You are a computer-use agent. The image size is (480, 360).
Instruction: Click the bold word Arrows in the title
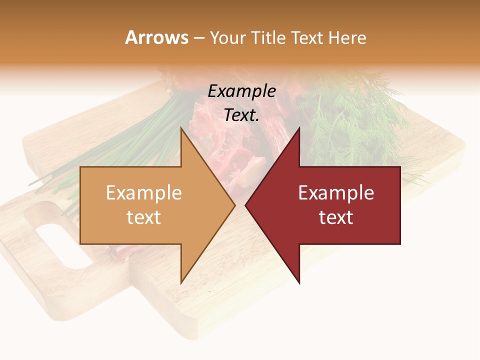click(x=157, y=37)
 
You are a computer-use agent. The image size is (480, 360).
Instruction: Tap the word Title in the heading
click(x=269, y=37)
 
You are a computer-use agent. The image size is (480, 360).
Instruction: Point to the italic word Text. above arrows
click(x=241, y=115)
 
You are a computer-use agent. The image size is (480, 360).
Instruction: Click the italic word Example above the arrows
click(x=241, y=91)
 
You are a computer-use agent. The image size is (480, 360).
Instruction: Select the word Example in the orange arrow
click(x=144, y=192)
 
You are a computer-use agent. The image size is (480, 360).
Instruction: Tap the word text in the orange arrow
click(x=144, y=217)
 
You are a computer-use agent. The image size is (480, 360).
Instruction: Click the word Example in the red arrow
click(x=336, y=192)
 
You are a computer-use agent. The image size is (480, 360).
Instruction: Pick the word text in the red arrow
click(x=336, y=217)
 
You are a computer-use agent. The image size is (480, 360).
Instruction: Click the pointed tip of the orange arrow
click(x=235, y=205)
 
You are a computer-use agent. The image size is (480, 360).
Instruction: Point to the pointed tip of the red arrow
click(x=245, y=205)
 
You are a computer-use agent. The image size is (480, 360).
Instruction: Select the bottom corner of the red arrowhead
click(x=299, y=283)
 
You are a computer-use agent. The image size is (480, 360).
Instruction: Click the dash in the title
click(x=199, y=38)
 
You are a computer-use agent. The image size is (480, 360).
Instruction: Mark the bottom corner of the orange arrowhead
click(x=181, y=283)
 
